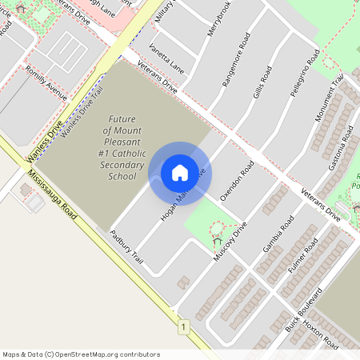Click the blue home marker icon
179,173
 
